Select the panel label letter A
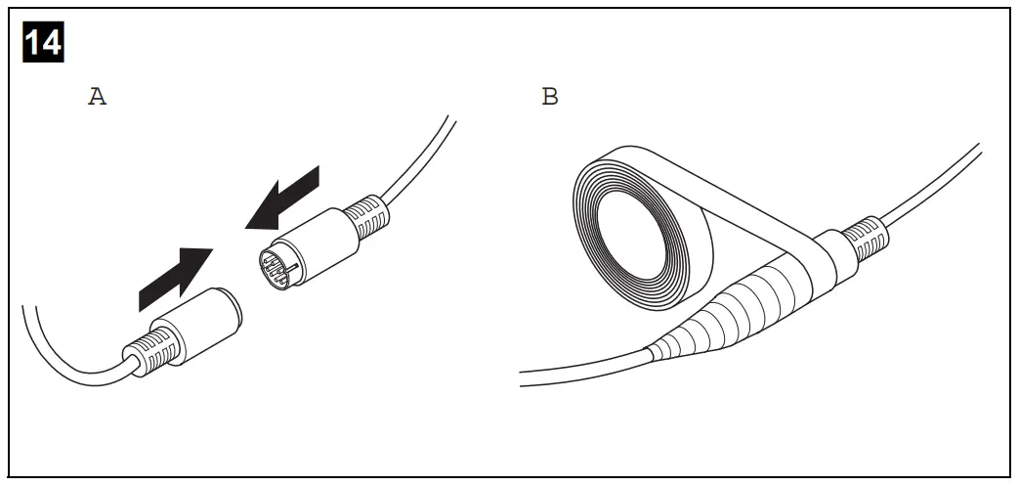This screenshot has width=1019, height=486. tap(97, 98)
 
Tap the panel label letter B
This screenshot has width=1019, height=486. tap(550, 98)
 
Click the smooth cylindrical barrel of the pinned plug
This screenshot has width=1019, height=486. tap(313, 244)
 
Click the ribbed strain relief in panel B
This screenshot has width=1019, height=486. tap(864, 241)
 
